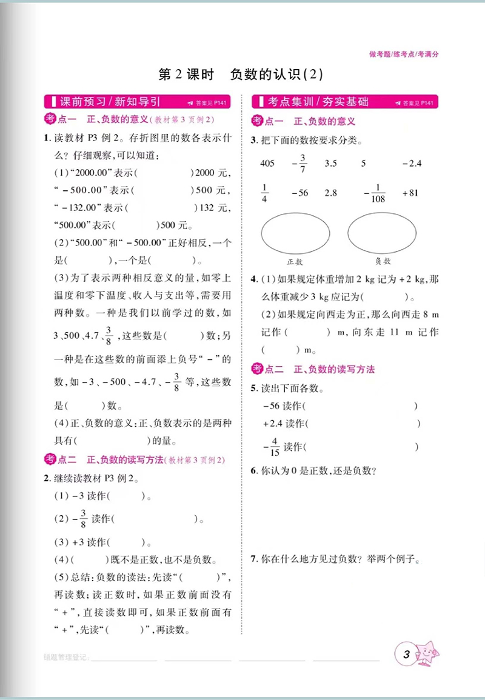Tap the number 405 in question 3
tap(267, 163)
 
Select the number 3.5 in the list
tap(330, 163)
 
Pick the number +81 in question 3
tap(410, 193)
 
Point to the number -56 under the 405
tap(299, 193)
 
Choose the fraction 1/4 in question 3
tap(264, 193)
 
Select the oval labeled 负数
tap(382, 234)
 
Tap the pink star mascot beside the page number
tap(429, 653)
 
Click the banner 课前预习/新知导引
tap(109, 102)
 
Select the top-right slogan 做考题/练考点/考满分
tap(403, 54)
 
